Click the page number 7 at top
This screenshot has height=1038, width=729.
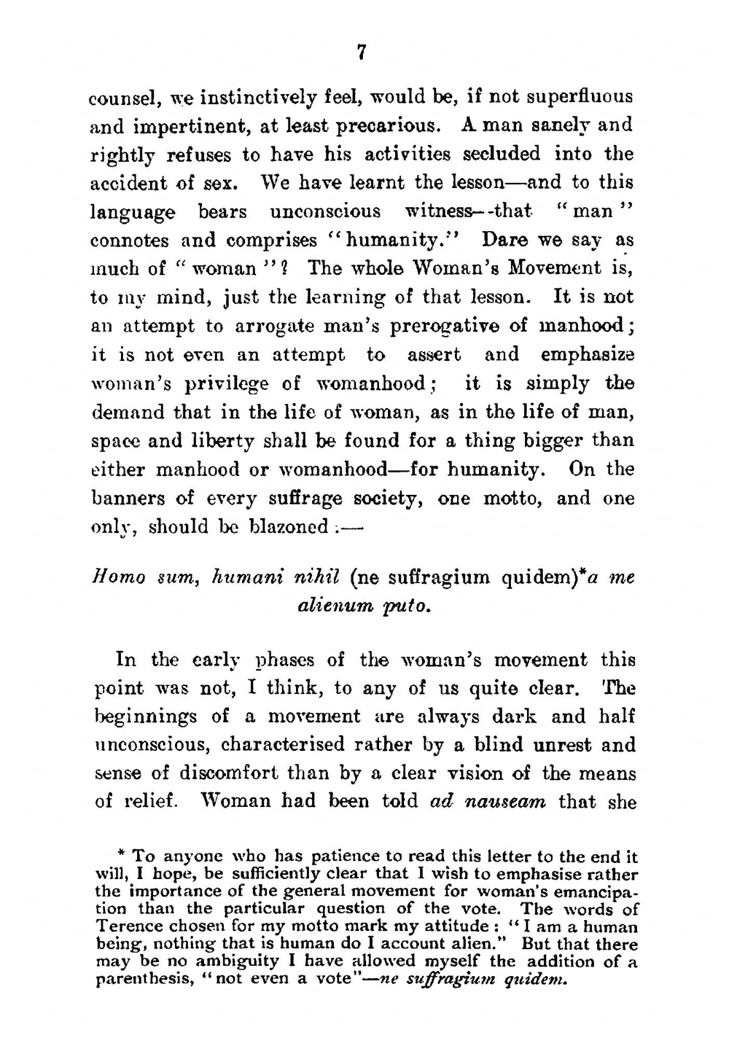(362, 52)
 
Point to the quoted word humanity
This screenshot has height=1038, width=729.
(402, 240)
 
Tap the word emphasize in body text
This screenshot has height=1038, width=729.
(588, 355)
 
